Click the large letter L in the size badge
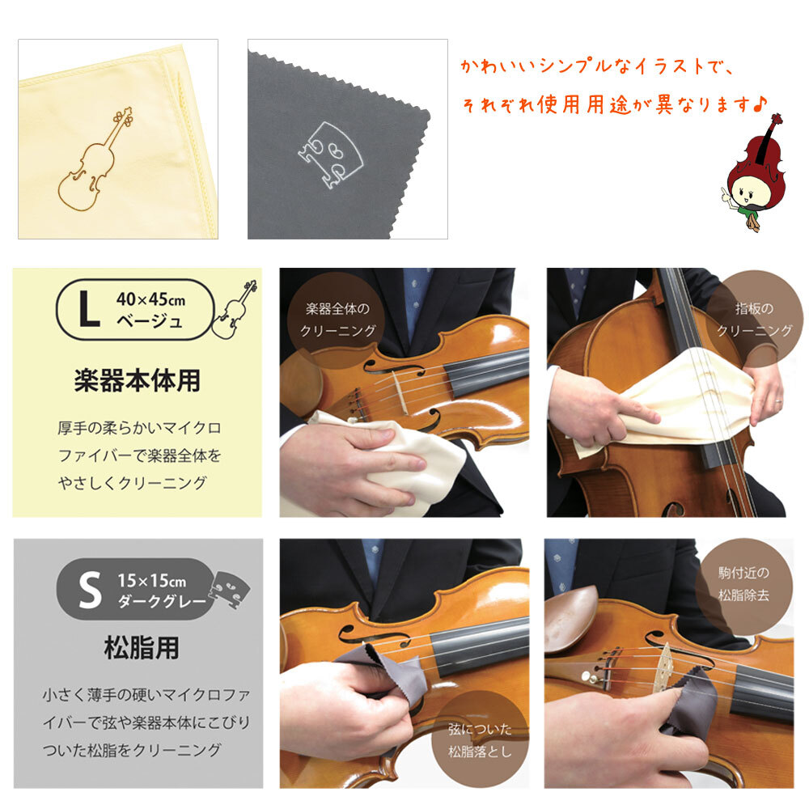tap(88, 311)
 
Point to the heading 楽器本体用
tap(137, 381)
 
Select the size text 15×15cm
tap(151, 580)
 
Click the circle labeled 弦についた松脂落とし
tap(480, 739)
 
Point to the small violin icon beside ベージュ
tap(235, 309)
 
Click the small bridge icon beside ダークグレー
tap(229, 588)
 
